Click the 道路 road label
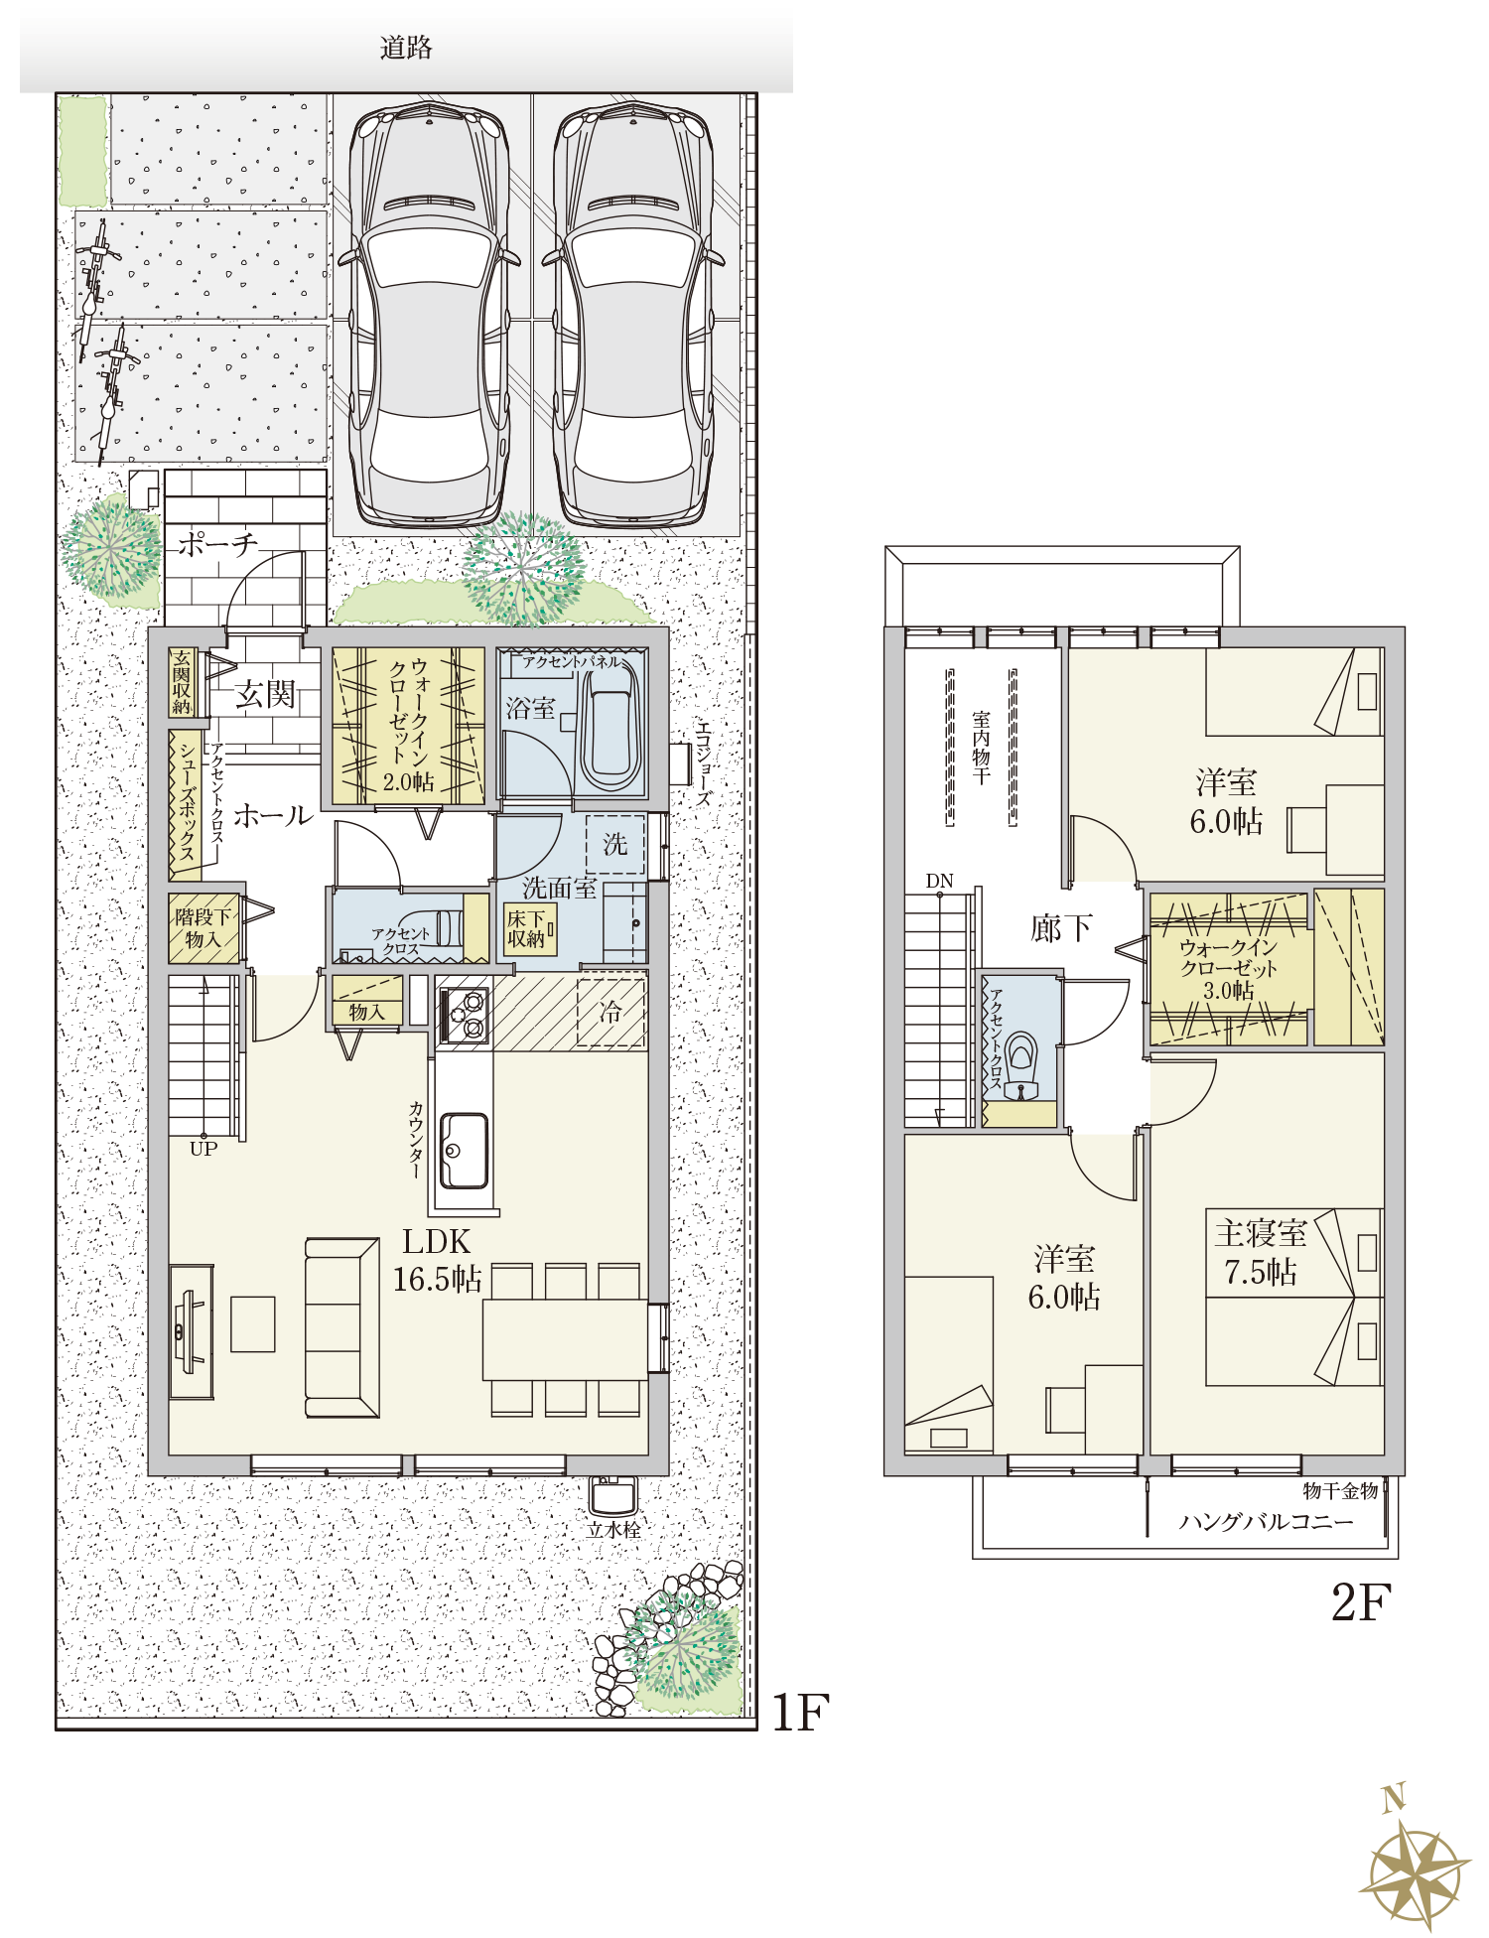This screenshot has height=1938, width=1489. pyautogui.click(x=406, y=48)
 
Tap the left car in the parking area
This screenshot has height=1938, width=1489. pyautogui.click(x=429, y=316)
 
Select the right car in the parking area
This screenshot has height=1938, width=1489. pyautogui.click(x=633, y=316)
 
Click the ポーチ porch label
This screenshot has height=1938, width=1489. pyautogui.click(x=217, y=544)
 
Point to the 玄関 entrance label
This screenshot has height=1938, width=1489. pyautogui.click(x=265, y=694)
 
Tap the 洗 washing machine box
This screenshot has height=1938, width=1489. pyautogui.click(x=615, y=844)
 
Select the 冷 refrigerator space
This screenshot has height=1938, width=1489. pyautogui.click(x=611, y=1013)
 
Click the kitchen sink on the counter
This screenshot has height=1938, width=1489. pyautogui.click(x=464, y=1150)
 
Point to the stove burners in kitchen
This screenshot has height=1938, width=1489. pyautogui.click(x=464, y=1015)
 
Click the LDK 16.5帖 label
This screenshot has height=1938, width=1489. pyautogui.click(x=437, y=1260)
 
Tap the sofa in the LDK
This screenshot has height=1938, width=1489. pyautogui.click(x=341, y=1327)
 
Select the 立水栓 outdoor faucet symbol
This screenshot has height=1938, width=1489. pyautogui.click(x=613, y=1496)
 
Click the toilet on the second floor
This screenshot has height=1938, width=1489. pyautogui.click(x=1021, y=1066)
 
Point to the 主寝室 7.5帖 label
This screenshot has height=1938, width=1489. pyautogui.click(x=1260, y=1252)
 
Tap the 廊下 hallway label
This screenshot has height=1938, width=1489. pyautogui.click(x=1061, y=928)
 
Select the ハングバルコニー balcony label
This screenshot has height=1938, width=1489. pyautogui.click(x=1266, y=1522)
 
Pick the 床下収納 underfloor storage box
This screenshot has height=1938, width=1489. pyautogui.click(x=530, y=929)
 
